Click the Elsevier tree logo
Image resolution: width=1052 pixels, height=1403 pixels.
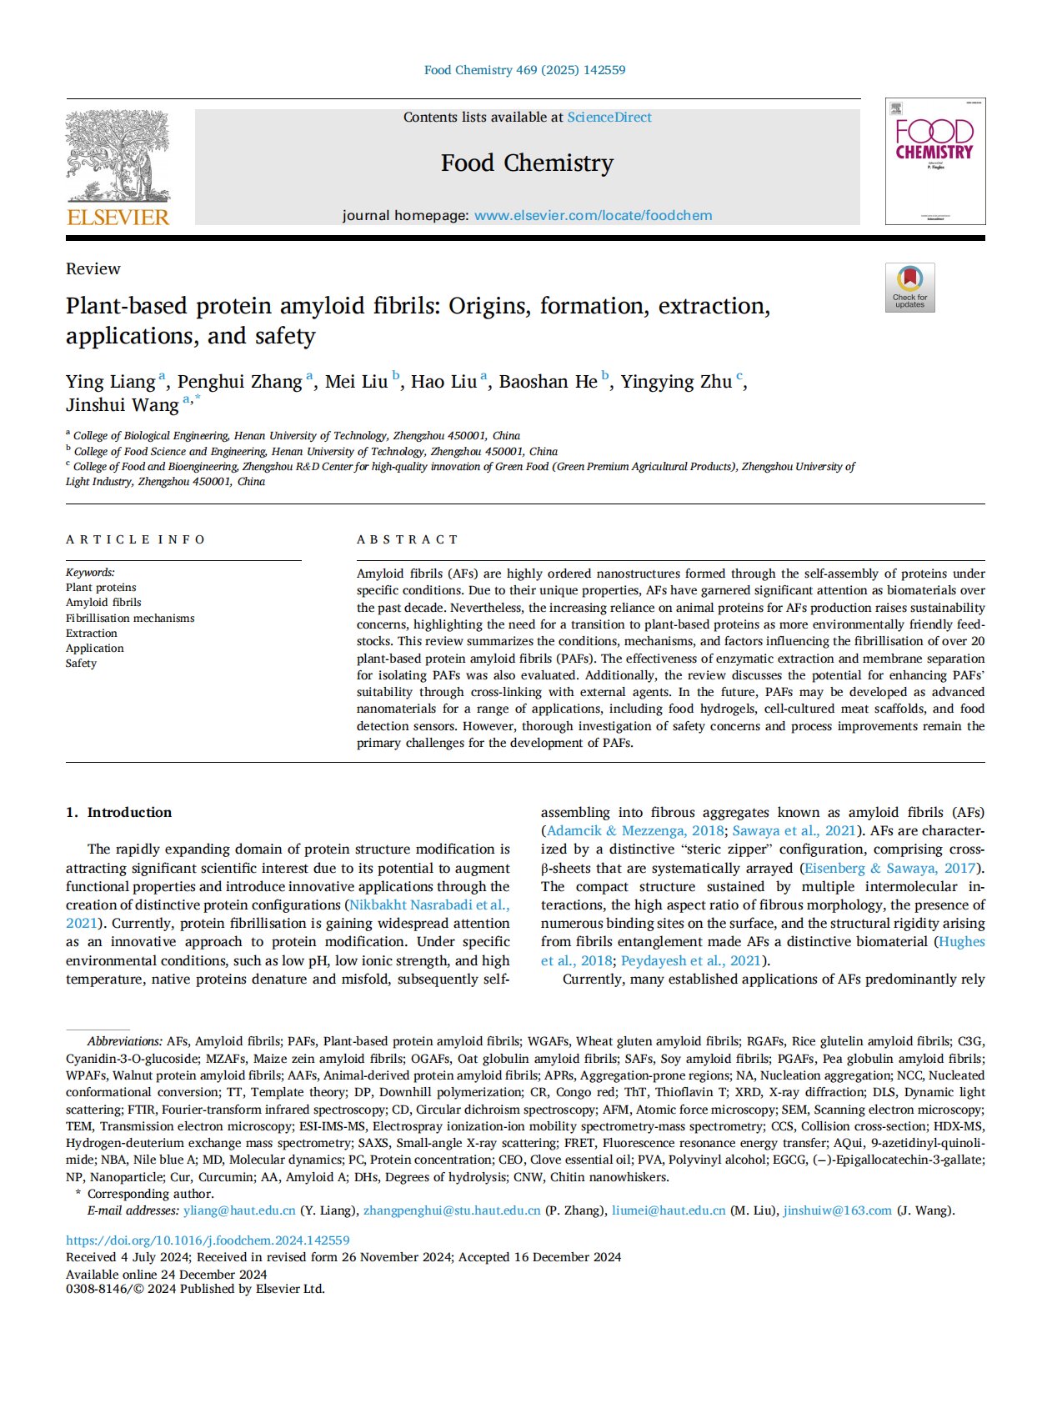118,158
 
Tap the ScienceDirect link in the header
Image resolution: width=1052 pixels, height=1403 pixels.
609,118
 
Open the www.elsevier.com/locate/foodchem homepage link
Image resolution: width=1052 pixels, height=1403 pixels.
593,215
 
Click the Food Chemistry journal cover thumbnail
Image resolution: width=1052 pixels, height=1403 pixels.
934,162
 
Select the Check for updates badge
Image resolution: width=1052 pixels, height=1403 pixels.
909,288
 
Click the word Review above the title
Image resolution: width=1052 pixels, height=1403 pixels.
93,268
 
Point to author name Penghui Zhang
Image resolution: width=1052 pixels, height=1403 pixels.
239,382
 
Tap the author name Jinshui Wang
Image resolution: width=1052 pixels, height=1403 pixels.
122,405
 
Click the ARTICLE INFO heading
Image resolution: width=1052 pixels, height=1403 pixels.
135,539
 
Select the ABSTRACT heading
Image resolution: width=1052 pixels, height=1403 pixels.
407,539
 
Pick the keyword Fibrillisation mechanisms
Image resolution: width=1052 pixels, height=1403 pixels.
130,618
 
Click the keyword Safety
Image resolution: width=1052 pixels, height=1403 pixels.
82,663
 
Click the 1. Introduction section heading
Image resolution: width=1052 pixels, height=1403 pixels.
119,812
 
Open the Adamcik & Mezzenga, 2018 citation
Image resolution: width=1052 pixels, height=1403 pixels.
635,830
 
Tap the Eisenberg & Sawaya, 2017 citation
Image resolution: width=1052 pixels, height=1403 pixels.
890,868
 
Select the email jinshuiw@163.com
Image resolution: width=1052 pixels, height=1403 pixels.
837,1210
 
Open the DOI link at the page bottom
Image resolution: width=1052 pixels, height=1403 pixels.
208,1240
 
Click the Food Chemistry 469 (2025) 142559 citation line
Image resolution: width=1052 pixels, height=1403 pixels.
525,70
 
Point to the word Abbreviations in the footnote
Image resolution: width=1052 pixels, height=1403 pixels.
124,1041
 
